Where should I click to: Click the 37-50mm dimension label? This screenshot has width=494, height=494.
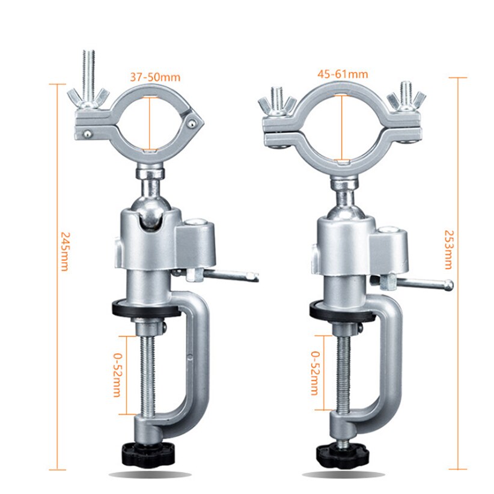click(x=155, y=77)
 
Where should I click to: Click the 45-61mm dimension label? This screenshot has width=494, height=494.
click(x=343, y=74)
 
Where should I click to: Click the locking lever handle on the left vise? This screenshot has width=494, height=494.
click(x=231, y=276)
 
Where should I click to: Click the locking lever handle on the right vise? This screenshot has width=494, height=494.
click(x=424, y=282)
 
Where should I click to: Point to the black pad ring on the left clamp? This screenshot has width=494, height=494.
click(x=146, y=310)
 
